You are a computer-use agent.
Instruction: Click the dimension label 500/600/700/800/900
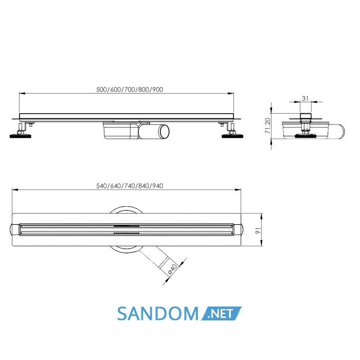click(x=130, y=89)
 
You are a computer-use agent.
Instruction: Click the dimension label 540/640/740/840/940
click(x=130, y=186)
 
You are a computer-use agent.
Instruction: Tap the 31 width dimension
click(x=305, y=99)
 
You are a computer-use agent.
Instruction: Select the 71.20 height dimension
click(x=268, y=125)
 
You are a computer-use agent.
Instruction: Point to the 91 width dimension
click(x=258, y=231)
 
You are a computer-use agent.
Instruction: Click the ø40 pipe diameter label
click(x=173, y=269)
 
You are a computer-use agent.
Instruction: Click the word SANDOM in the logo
click(x=158, y=314)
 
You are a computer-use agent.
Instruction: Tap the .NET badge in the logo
click(x=221, y=313)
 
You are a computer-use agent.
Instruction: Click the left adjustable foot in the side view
click(x=21, y=132)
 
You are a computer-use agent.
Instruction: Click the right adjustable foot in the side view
click(x=232, y=132)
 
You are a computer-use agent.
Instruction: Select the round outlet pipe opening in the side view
click(x=165, y=132)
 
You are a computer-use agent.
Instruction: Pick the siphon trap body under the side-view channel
click(x=120, y=130)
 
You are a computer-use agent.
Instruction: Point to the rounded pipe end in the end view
click(x=339, y=131)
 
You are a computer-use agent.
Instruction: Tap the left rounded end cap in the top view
click(x=14, y=229)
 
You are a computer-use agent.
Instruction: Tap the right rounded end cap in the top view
click(x=239, y=229)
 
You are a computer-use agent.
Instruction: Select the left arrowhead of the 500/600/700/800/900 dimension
click(x=22, y=94)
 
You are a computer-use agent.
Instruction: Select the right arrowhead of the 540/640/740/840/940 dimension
click(x=238, y=190)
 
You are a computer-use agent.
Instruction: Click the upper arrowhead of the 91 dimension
click(x=262, y=217)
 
